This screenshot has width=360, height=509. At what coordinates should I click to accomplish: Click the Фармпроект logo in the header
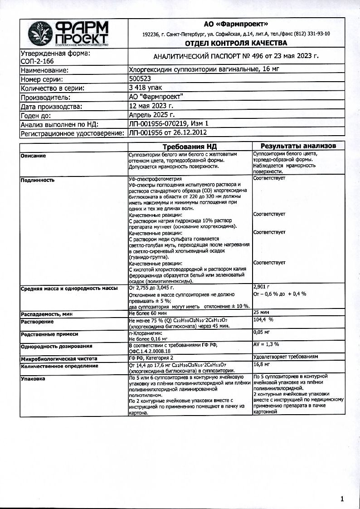68,34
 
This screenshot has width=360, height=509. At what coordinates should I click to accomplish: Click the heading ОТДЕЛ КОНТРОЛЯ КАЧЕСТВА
236,43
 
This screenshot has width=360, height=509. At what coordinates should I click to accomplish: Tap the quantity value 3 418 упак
146,88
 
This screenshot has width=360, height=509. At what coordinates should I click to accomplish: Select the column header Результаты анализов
298,146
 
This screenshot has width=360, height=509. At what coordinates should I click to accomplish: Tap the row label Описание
34,156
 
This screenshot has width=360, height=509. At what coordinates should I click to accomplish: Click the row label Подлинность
38,180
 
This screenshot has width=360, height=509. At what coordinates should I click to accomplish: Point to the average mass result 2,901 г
261,287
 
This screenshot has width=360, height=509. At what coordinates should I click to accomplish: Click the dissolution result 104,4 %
265,320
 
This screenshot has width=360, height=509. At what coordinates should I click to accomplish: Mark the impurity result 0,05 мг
262,333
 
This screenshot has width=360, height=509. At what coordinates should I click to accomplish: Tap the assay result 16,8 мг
262,364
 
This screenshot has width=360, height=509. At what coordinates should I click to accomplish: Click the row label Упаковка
33,378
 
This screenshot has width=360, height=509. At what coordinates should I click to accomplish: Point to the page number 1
342,499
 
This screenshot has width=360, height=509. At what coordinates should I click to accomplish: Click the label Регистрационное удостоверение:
72,133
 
